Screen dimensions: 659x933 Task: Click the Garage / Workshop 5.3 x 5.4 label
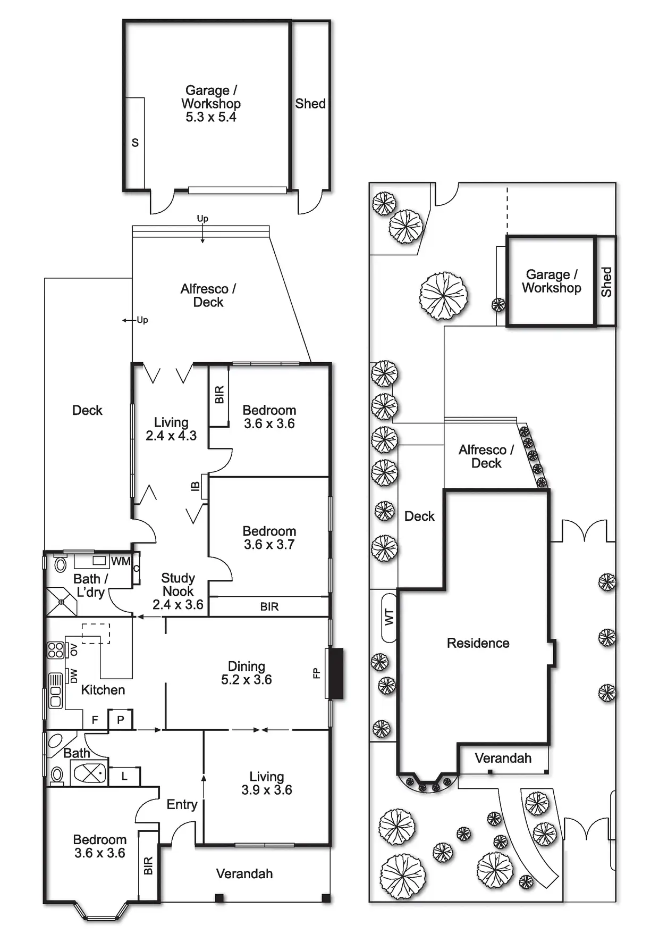[x=211, y=104]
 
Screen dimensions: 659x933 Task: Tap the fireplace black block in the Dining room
[x=336, y=673]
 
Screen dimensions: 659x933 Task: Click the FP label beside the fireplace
[x=317, y=673]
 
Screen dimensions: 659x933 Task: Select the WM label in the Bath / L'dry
[x=121, y=561]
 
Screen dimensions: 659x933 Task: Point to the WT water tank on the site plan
[x=389, y=618]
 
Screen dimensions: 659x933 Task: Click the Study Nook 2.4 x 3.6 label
[x=178, y=591]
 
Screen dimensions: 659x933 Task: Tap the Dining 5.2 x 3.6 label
[x=247, y=673]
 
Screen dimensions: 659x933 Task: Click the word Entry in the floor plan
[x=182, y=804]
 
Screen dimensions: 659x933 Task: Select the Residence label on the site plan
[x=478, y=643]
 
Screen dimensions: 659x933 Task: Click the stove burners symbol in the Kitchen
[x=56, y=650]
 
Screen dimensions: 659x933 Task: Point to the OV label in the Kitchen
[x=74, y=649]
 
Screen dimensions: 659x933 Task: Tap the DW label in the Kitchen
[x=74, y=676]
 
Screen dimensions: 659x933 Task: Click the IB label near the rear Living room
[x=195, y=486]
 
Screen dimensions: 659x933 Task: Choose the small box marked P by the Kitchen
[x=121, y=719]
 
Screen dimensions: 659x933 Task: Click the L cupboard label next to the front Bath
[x=124, y=776]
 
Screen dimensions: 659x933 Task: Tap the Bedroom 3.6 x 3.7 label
[x=269, y=538]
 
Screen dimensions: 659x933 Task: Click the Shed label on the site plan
[x=606, y=282]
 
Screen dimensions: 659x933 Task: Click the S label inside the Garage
[x=135, y=143]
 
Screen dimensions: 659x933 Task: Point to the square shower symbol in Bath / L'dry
[x=61, y=602]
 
